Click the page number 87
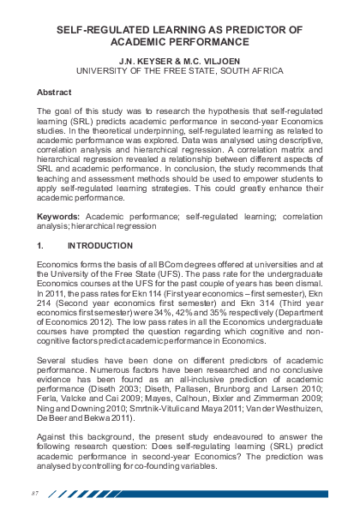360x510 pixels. (x=35, y=493)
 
